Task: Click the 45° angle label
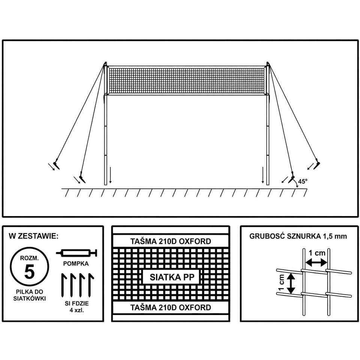(303, 181)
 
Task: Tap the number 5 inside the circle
(29, 271)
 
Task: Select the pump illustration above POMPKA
(76, 253)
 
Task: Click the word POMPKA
(76, 264)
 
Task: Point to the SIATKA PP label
(172, 277)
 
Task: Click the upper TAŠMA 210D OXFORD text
(171, 241)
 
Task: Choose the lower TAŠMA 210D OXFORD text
(171, 307)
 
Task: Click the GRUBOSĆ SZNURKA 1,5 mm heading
(298, 236)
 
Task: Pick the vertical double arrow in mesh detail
(291, 283)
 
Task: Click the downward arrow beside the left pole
(110, 175)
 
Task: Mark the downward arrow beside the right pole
(263, 175)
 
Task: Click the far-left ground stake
(56, 165)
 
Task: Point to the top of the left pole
(106, 63)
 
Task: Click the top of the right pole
(267, 63)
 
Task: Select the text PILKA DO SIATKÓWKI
(29, 295)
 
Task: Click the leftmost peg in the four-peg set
(64, 285)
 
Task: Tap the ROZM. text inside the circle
(29, 258)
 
